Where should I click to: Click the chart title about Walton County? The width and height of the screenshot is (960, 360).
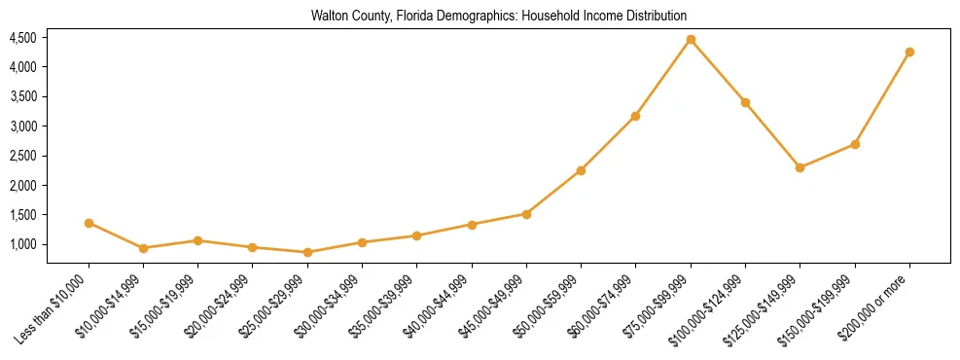[499, 16]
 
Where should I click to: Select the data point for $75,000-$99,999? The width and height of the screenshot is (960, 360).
[691, 40]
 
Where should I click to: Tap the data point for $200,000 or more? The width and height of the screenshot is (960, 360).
[909, 52]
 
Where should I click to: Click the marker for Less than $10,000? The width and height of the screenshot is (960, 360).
[89, 223]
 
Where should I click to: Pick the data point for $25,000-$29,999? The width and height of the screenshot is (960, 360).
[307, 252]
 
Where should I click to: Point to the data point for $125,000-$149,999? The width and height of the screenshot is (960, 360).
[800, 167]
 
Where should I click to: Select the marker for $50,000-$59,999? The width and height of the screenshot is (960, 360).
[581, 170]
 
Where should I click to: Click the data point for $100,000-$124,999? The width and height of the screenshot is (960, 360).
[745, 102]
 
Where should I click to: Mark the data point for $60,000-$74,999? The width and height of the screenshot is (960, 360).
[635, 116]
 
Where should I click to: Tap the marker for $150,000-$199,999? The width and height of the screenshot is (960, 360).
[855, 144]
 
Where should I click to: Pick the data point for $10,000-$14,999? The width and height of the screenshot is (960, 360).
[143, 248]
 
